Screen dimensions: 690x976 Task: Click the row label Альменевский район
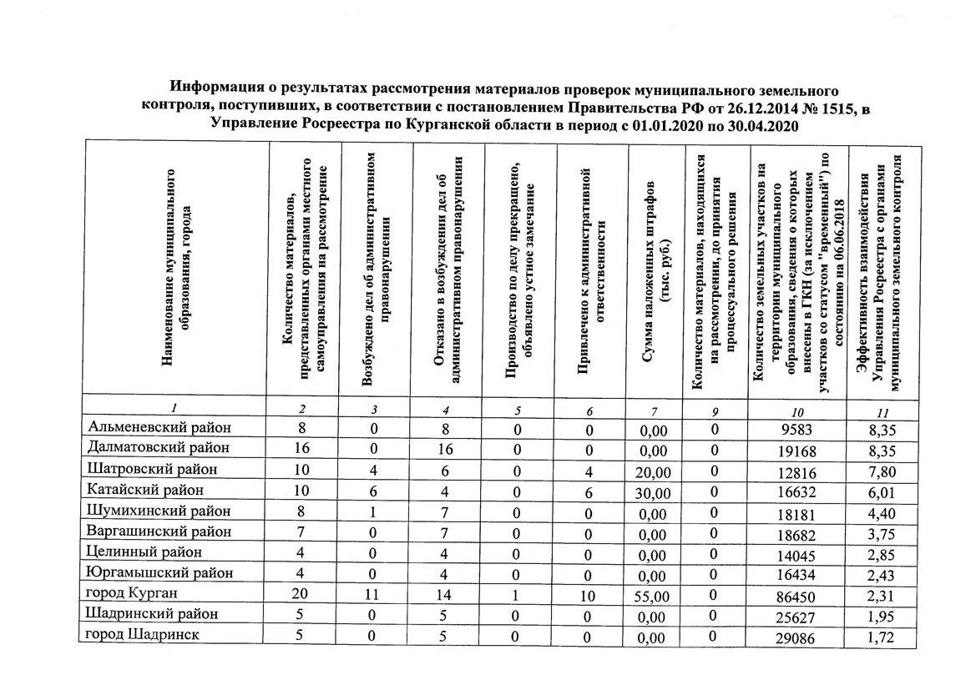tap(159, 427)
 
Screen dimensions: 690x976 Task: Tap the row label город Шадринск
tap(142, 635)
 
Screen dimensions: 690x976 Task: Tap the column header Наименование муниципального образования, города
tap(176, 267)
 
